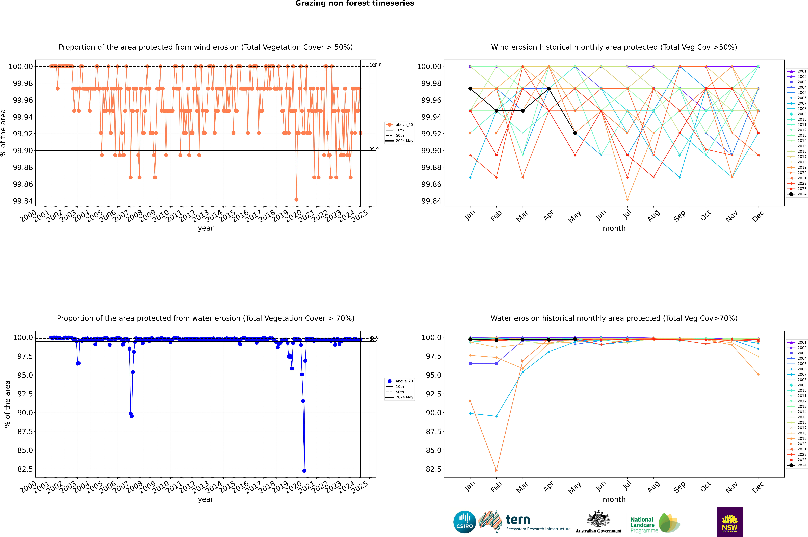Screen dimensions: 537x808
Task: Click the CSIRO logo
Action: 464,522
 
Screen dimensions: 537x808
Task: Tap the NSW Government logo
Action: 730,522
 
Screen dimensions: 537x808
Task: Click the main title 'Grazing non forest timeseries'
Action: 355,3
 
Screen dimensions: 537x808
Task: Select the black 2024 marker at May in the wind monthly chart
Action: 575,133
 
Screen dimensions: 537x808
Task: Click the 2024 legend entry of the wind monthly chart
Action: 798,194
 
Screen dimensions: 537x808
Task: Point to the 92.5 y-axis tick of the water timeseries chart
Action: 25,394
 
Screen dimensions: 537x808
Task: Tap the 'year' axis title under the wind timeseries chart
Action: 206,228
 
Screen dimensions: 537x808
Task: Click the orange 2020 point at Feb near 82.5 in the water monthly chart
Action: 496,471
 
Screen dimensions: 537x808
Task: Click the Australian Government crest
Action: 598,520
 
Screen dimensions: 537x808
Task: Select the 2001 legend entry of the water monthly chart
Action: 798,342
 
